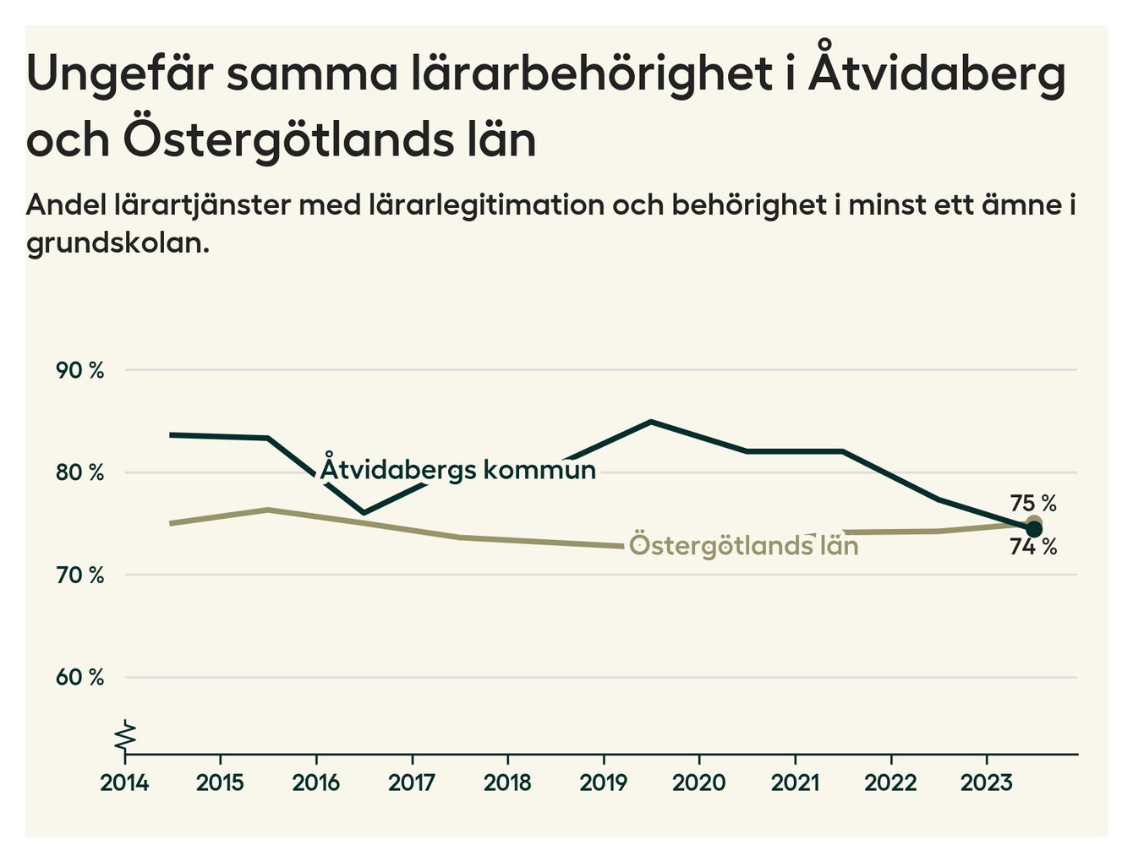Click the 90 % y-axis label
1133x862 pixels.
[x=79, y=370]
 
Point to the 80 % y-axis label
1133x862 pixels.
[x=79, y=472]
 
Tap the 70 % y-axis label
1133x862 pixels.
[x=79, y=576]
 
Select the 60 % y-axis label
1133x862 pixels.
[x=79, y=678]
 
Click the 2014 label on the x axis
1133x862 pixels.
[x=124, y=783]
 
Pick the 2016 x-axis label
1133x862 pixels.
[x=315, y=783]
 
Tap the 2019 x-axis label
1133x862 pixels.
[x=603, y=783]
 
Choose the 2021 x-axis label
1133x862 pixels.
[x=795, y=783]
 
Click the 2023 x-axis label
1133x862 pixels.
[x=986, y=783]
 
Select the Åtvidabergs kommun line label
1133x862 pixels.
[x=457, y=469]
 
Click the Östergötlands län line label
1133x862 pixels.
[x=744, y=546]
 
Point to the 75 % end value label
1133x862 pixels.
[x=1033, y=504]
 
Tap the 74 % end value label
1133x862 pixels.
[x=1033, y=548]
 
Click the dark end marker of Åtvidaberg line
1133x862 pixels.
[x=1033, y=529]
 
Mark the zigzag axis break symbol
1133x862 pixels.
[x=125, y=735]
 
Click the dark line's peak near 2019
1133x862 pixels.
[x=651, y=421]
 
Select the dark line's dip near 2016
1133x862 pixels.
[x=364, y=513]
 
